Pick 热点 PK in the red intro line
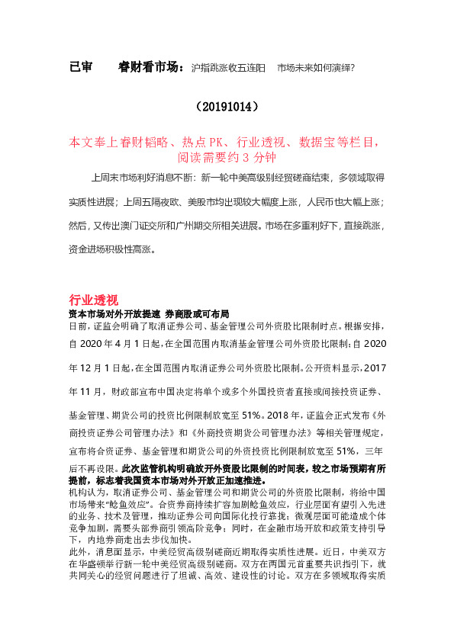pos(213,143)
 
